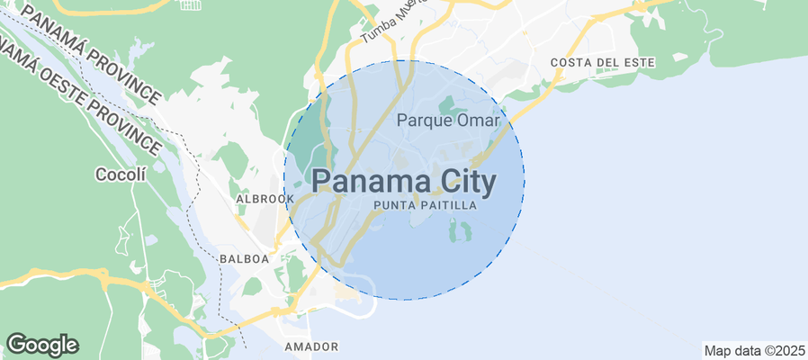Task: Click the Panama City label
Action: click(404, 182)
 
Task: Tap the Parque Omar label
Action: click(447, 119)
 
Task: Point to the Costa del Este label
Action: click(603, 62)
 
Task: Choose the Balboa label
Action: click(244, 258)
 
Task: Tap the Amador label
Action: click(310, 346)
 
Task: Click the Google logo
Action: click(42, 344)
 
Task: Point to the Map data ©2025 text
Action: click(754, 350)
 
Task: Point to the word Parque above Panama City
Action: click(426, 119)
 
